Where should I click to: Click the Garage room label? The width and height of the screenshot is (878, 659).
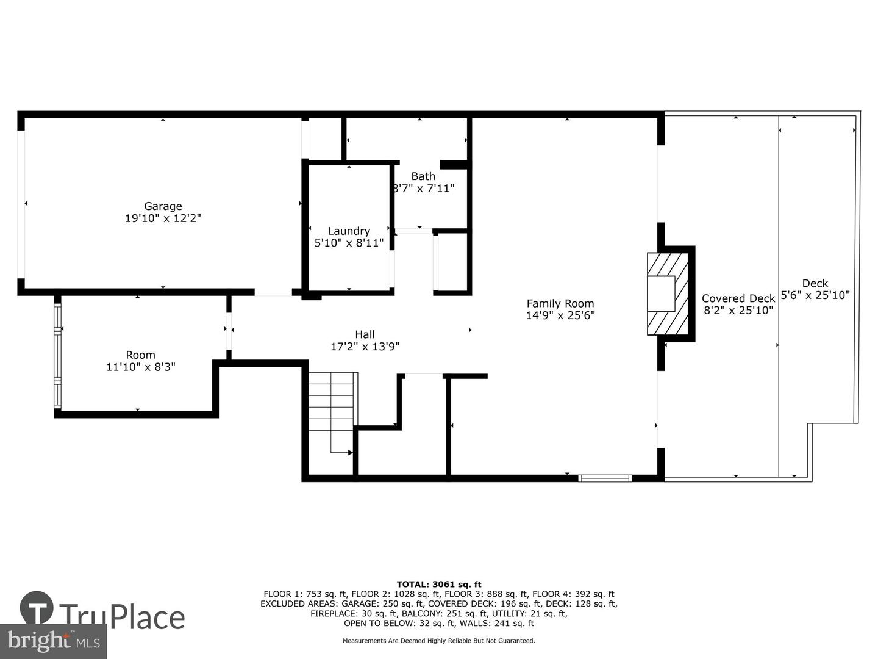[x=163, y=206]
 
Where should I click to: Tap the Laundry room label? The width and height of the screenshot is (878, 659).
[x=349, y=231]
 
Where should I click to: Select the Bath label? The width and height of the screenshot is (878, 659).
[x=423, y=176]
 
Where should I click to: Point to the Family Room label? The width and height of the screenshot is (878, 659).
[x=560, y=303]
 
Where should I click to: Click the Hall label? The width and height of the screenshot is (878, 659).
[x=365, y=334]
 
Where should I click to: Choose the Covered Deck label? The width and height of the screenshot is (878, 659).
[x=738, y=298]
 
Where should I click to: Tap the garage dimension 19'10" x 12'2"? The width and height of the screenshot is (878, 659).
[x=163, y=218]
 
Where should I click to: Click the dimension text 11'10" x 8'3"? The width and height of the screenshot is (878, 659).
[x=141, y=367]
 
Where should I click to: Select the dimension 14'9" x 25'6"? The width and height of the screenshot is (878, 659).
[x=560, y=315]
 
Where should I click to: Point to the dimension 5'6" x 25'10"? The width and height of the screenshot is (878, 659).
[x=815, y=295]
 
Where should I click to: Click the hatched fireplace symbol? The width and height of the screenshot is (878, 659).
[x=668, y=293]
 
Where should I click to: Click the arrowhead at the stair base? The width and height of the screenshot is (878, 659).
[x=351, y=453]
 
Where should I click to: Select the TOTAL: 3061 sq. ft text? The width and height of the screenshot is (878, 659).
[x=439, y=585]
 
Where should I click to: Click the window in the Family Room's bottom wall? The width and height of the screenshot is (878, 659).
[x=605, y=478]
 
